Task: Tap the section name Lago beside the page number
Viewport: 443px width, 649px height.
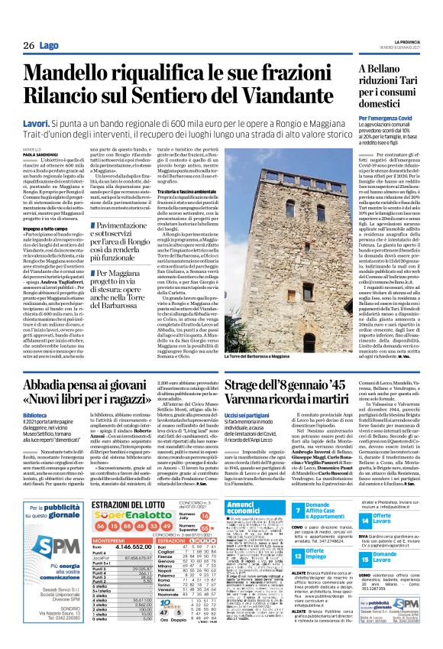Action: [51, 47]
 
